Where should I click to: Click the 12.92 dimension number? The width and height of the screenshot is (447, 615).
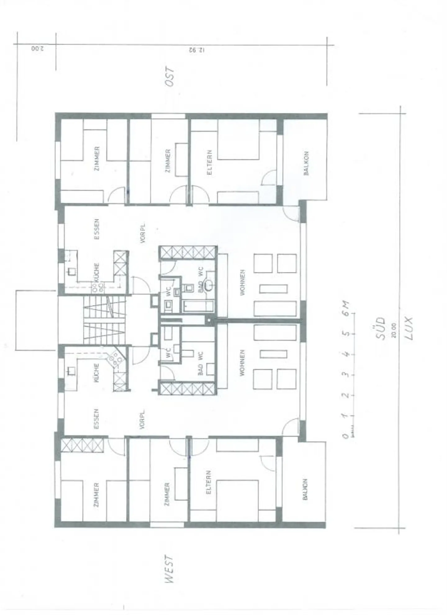pyautogui.click(x=196, y=50)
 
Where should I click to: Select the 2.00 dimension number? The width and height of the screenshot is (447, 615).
pyautogui.click(x=38, y=49)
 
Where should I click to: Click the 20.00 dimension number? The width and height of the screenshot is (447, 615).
pyautogui.click(x=394, y=330)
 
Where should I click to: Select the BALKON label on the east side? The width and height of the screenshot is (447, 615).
pyautogui.click(x=306, y=163)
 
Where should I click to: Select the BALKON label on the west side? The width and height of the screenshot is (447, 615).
pyautogui.click(x=305, y=489)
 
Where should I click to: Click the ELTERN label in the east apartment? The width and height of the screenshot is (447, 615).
pyautogui.click(x=210, y=163)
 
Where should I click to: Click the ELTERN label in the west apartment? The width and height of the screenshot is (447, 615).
pyautogui.click(x=209, y=482)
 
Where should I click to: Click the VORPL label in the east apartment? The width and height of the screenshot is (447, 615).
pyautogui.click(x=142, y=233)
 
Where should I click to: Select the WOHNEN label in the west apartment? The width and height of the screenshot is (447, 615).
pyautogui.click(x=242, y=363)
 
